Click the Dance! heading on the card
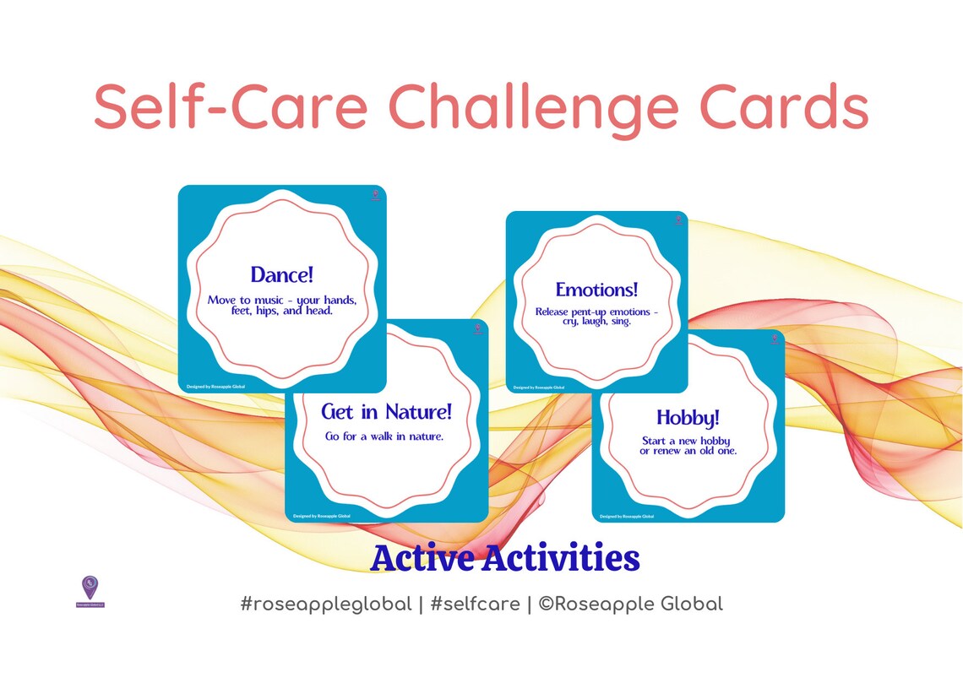coord(282,275)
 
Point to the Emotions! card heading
coord(596,290)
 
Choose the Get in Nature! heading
coord(387,412)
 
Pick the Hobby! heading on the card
coord(688,417)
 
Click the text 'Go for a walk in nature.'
coord(384,436)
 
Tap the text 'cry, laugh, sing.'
coord(596,322)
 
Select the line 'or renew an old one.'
coord(688,451)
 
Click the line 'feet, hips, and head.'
coord(281,310)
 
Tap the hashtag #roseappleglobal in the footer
coord(325,604)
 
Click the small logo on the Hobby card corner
coord(774,339)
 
